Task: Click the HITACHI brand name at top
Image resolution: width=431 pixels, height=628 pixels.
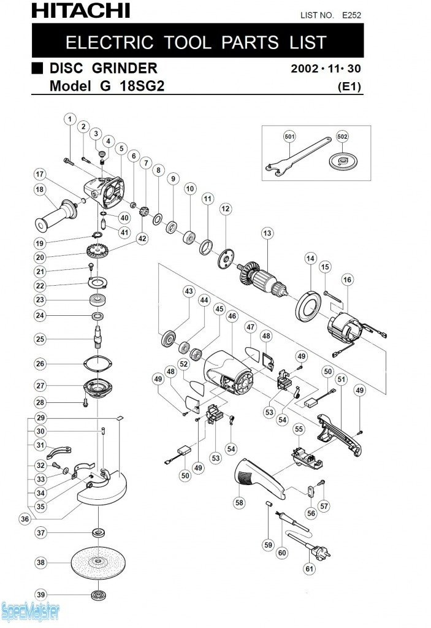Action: (x=80, y=10)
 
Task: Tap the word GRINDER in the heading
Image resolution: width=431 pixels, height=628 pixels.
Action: (x=126, y=68)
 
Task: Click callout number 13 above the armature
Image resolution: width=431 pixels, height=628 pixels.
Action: (x=267, y=233)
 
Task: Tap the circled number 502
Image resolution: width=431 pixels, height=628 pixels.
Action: (x=342, y=136)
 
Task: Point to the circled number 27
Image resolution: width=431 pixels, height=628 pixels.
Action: (x=41, y=386)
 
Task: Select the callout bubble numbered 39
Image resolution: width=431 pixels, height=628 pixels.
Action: (x=41, y=595)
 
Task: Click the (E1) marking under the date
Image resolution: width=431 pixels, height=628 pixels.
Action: (x=350, y=87)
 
